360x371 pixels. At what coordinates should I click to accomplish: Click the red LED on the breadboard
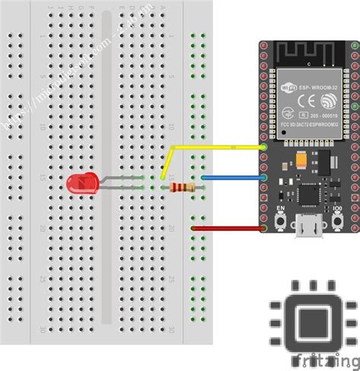tap(79, 183)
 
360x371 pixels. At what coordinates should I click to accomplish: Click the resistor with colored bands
tap(182, 188)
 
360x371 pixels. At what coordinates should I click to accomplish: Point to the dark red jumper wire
tap(228, 227)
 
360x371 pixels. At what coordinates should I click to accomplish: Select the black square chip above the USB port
tap(310, 195)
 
